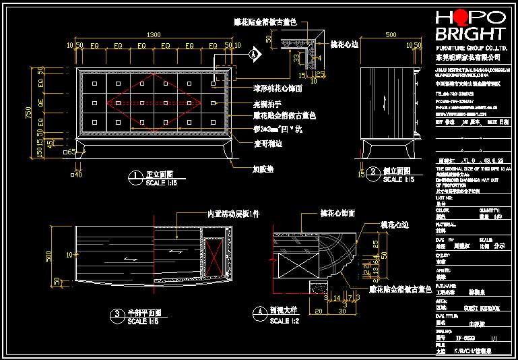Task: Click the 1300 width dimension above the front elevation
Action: [x=154, y=35]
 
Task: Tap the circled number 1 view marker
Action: [x=137, y=177]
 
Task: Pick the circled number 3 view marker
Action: [x=118, y=315]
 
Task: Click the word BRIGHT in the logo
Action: [x=470, y=34]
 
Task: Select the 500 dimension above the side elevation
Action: [x=390, y=35]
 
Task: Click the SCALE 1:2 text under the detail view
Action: [x=284, y=322]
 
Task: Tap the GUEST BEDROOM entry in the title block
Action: [x=479, y=307]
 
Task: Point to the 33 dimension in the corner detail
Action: [x=296, y=58]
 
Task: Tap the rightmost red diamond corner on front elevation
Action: [x=201, y=103]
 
